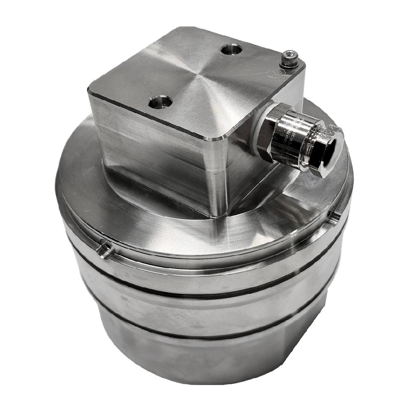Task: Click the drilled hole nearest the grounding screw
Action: [x=231, y=50]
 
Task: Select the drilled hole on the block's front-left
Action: [x=160, y=102]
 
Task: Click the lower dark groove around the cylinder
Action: [x=203, y=336]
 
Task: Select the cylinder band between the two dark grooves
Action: [x=203, y=311]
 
